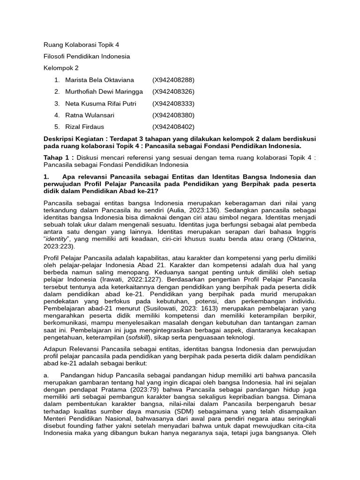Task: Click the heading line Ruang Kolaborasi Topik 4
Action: click(x=82, y=45)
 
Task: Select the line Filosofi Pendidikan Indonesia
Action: click(x=87, y=57)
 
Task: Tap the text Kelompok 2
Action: click(x=61, y=68)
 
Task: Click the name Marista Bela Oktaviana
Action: click(x=99, y=80)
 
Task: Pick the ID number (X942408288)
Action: click(x=173, y=80)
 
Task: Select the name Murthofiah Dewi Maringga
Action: click(x=104, y=92)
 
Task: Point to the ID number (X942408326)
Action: click(x=173, y=92)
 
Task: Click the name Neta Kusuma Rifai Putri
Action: click(x=101, y=104)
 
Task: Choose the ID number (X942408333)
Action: click(x=173, y=104)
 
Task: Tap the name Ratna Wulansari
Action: click(x=90, y=115)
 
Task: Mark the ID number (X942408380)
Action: click(x=173, y=115)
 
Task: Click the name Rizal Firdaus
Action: click(x=85, y=127)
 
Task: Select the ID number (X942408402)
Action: click(x=173, y=127)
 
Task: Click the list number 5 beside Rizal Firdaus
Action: click(x=56, y=127)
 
